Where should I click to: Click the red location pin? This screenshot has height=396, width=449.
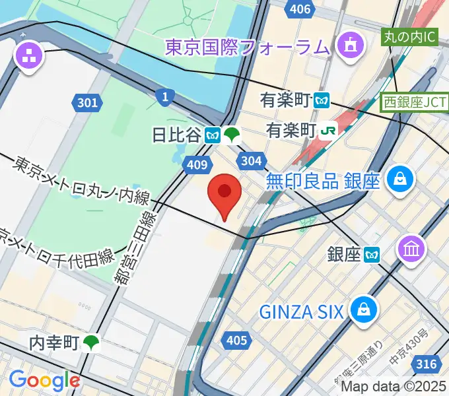click(224, 193)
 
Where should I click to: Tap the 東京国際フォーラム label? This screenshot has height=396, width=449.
click(246, 47)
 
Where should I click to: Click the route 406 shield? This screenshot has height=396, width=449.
click(300, 9)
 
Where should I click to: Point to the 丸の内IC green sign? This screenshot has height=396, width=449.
click(410, 36)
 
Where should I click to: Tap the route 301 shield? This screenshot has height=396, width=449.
click(86, 102)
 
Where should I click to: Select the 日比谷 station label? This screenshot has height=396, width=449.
click(176, 135)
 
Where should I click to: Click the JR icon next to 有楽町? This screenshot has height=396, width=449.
click(327, 131)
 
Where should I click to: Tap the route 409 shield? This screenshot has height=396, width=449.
click(197, 165)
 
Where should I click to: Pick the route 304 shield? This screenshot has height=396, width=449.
click(252, 160)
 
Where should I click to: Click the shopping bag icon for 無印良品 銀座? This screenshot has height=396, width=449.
click(400, 178)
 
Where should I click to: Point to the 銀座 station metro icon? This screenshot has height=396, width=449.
click(374, 254)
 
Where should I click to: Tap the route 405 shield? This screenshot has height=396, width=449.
click(236, 341)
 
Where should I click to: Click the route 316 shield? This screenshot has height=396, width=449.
click(428, 364)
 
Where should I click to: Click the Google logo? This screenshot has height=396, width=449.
click(44, 379)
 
